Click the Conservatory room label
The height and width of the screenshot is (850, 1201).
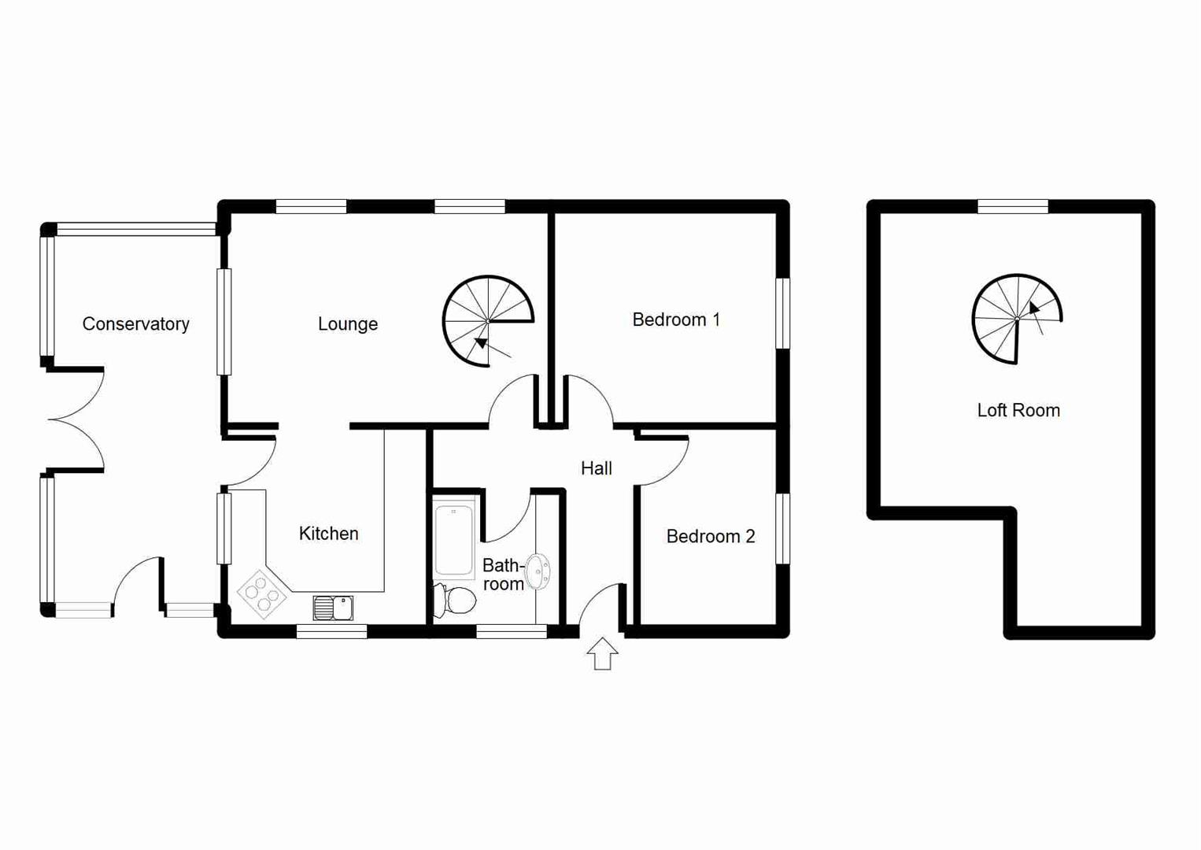pos(135,324)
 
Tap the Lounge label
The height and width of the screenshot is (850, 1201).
pos(348,324)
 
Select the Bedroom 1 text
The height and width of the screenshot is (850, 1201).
pos(676,320)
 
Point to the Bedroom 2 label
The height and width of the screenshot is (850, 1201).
pos(710,537)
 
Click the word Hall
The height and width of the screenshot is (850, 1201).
pos(596,469)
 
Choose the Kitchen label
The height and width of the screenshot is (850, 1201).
pos(328,534)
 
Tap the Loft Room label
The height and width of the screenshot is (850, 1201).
pos(1018,411)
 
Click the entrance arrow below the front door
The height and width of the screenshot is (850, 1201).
pos(602,654)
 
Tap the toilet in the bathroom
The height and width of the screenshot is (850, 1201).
pos(456,601)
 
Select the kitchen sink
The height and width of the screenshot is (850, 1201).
pos(333,608)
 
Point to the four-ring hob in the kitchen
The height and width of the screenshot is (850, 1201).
pos(262,594)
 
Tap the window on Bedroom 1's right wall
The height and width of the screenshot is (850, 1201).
pos(783,313)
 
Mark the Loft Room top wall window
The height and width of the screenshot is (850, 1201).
pos(1013,207)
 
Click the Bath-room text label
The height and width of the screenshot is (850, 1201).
pos(503,575)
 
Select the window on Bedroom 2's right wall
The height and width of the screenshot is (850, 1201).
pos(783,529)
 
